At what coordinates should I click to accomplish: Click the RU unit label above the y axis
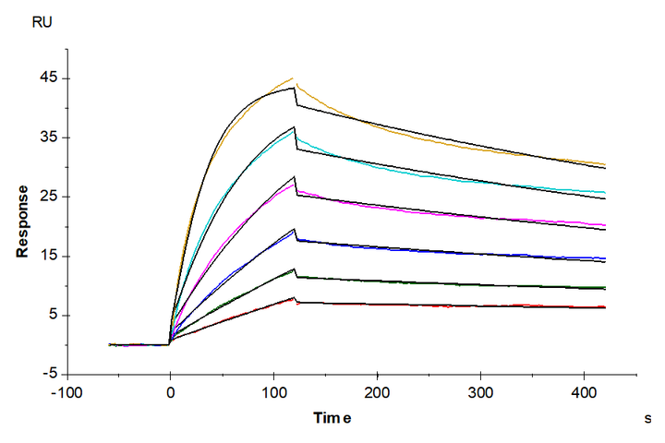tap(42, 22)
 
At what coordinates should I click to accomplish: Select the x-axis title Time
tap(332, 417)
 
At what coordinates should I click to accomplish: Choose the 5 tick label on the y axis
tap(53, 315)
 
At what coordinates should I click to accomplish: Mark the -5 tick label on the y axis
tap(50, 374)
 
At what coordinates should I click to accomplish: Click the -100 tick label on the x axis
tap(66, 391)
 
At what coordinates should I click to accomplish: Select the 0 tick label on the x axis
tap(170, 391)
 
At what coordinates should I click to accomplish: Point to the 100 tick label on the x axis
tap(273, 391)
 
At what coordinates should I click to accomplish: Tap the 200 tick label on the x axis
tap(377, 391)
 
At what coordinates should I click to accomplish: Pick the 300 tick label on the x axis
tap(480, 391)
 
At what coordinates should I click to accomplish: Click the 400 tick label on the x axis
tap(584, 391)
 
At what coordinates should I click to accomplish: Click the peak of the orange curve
tap(293, 78)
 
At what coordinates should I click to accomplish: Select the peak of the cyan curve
tap(294, 128)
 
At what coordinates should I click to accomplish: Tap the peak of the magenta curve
tap(294, 184)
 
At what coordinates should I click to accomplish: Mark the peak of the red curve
tap(294, 297)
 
